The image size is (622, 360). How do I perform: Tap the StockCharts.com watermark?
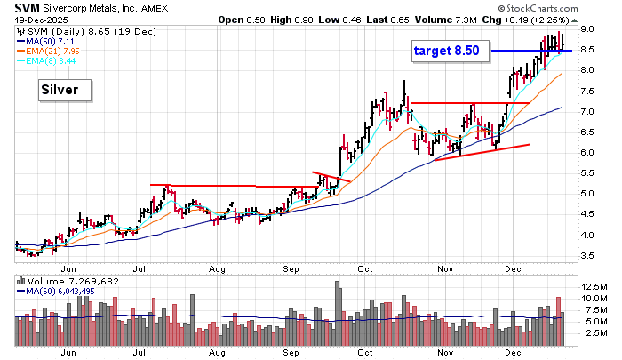(x=572, y=8)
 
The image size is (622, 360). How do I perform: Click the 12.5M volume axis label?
(x=594, y=286)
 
